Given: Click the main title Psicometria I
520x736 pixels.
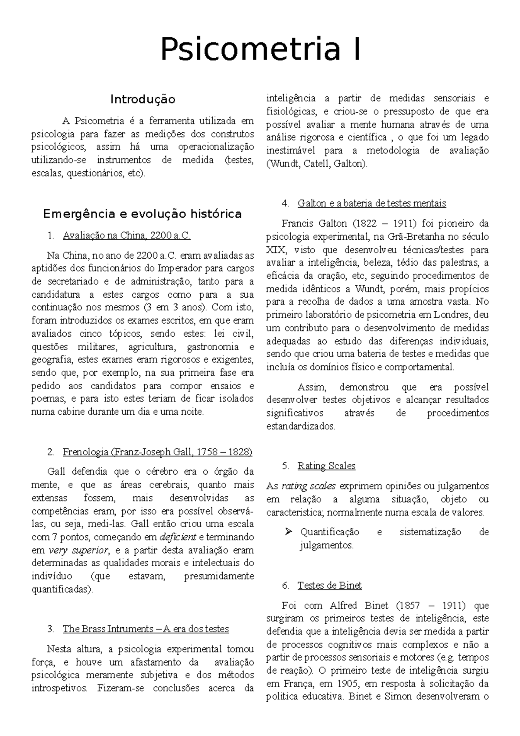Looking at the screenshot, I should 260,50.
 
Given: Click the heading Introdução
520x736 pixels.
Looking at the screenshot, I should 143,99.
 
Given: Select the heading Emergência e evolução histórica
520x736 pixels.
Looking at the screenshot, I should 143,214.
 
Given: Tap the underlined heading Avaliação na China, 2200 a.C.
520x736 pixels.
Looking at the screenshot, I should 127,236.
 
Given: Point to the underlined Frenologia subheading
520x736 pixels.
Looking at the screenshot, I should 157,452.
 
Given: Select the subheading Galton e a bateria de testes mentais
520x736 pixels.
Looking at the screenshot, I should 372,203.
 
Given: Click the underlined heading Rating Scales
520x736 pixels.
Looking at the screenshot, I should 326,466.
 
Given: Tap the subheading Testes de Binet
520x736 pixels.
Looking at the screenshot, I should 329,586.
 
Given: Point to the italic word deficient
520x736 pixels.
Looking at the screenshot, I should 178,537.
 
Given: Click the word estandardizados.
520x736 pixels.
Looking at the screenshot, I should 301,427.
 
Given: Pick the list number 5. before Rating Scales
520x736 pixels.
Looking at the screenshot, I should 285,466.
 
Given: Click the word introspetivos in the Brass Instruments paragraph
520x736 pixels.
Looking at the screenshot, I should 62,688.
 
